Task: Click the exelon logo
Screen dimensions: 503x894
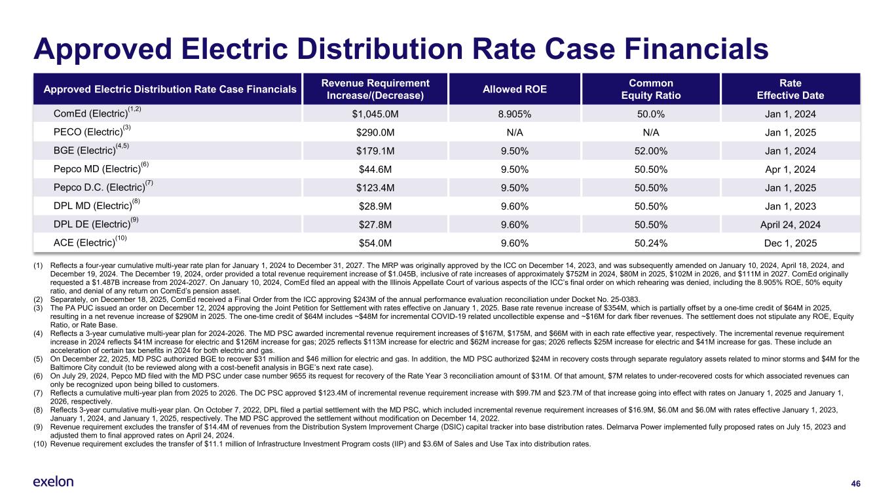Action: click(x=53, y=482)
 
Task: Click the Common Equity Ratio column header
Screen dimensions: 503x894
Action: click(x=650, y=89)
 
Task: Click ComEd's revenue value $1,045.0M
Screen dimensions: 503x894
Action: click(x=375, y=114)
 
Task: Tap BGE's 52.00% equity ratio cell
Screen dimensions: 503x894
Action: click(x=650, y=151)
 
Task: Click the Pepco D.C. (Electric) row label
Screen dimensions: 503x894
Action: click(x=103, y=188)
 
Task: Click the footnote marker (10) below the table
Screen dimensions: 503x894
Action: click(x=40, y=444)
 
